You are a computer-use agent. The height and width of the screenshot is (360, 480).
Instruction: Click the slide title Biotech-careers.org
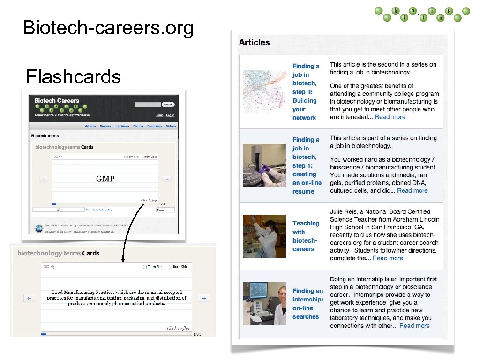pos(108,29)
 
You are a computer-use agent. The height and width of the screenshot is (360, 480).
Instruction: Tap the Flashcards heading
pos(73,76)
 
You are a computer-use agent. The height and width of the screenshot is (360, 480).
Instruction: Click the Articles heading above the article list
pos(254,43)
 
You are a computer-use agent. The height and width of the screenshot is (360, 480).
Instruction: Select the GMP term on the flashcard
pos(105,179)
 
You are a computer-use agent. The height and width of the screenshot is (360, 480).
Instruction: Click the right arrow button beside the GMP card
pos(167,179)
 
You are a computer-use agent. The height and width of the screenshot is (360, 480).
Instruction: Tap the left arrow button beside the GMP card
pos(44,179)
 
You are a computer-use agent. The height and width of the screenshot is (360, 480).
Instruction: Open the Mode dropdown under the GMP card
pos(165,210)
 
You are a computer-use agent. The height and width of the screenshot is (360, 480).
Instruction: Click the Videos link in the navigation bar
pos(171,126)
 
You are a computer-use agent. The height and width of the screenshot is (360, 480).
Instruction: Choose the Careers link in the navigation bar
pos(105,126)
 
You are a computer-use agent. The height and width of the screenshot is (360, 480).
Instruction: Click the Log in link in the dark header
pos(170,115)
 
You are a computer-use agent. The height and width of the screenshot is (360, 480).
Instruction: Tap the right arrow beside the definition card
pos(203,298)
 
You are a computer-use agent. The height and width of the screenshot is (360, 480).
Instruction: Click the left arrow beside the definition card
pos(29,298)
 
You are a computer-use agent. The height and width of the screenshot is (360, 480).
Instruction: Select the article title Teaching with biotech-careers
pos(305,236)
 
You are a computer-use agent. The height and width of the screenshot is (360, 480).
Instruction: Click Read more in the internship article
pos(414,326)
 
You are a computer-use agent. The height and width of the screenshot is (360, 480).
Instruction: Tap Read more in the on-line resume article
pos(412,191)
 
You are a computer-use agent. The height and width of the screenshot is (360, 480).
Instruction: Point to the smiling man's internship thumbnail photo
pos(264,303)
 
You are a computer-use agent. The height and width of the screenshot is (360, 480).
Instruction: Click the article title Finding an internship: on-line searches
pos(307,304)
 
